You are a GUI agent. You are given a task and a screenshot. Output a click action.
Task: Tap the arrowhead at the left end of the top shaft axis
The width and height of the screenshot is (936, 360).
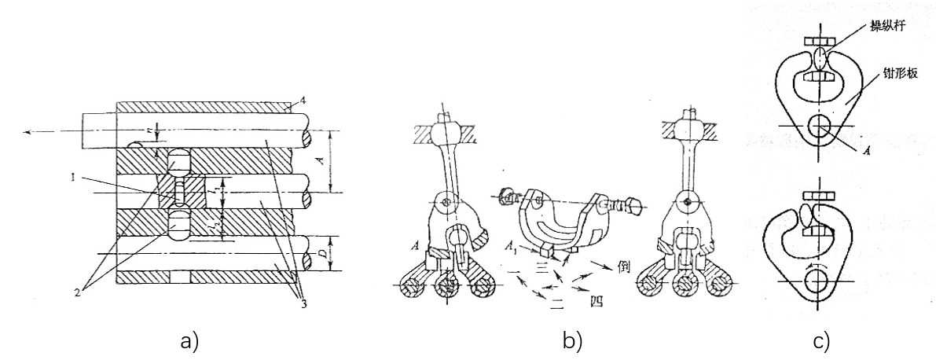(28, 132)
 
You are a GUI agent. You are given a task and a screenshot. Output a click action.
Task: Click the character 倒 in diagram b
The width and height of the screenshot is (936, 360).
(625, 265)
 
